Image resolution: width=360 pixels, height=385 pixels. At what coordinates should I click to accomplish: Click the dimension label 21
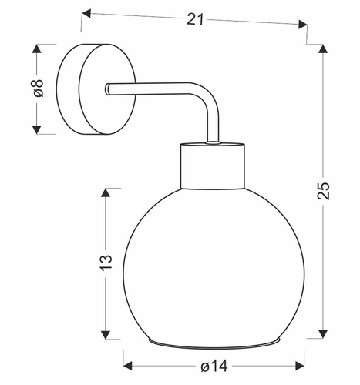tap(195, 20)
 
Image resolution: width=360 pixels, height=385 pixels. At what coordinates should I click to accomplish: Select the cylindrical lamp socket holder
tap(213, 166)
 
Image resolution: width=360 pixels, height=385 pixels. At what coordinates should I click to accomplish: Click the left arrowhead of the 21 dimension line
tap(86, 12)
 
